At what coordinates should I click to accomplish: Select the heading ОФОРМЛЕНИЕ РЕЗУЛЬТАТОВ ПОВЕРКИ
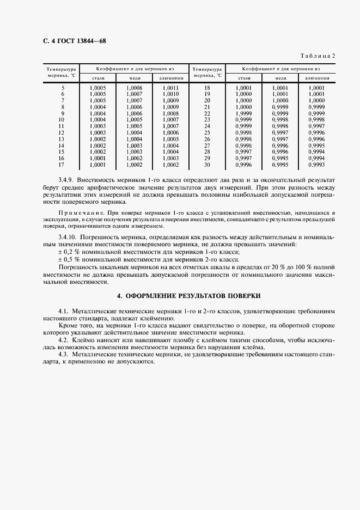click(189, 296)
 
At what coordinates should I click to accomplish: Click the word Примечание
click(77, 211)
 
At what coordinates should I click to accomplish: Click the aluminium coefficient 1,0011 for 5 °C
click(170, 88)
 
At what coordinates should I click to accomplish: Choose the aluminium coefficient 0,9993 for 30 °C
click(316, 165)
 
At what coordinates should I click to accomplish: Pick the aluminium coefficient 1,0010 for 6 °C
click(170, 94)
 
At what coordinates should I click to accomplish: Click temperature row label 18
click(207, 88)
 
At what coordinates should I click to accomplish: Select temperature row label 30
click(207, 165)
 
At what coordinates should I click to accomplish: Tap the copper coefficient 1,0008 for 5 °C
click(134, 88)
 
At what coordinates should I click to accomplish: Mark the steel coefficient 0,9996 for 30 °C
click(243, 165)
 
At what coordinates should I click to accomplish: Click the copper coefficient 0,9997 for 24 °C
click(280, 126)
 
